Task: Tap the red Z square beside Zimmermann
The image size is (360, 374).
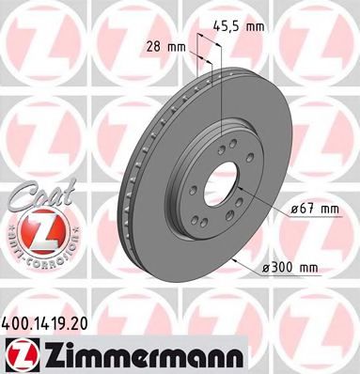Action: pos(18,355)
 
